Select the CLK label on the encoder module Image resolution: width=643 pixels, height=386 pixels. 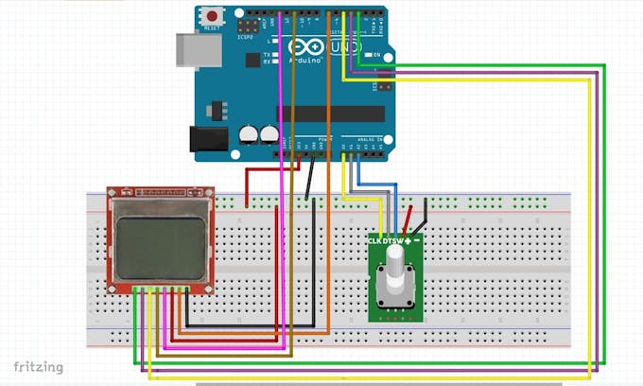pos(375,241)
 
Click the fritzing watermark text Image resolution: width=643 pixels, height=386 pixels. pos(38,366)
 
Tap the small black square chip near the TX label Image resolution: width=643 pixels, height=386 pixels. pos(252,60)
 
